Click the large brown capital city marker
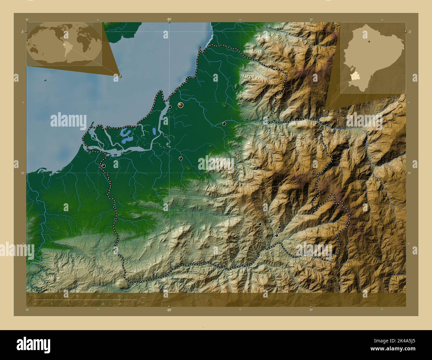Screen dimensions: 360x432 pyautogui.click(x=181, y=105)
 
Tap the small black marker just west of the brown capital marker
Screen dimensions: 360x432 pyautogui.click(x=170, y=107)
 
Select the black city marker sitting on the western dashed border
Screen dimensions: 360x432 pyautogui.click(x=104, y=166)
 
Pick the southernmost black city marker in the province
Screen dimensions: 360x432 pyautogui.click(x=276, y=235)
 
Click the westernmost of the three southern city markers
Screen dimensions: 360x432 pyautogui.click(x=260, y=224)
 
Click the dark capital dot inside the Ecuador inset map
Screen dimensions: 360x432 pyautogui.click(x=369, y=42)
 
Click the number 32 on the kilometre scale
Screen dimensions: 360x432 pyautogui.click(x=119, y=296)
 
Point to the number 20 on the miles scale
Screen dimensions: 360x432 pyautogui.click(x=120, y=304)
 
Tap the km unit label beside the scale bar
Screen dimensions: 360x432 pyautogui.click(x=143, y=297)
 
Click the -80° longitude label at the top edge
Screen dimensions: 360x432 pyautogui.click(x=169, y=20)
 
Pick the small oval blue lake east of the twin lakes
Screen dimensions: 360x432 pyautogui.click(x=155, y=131)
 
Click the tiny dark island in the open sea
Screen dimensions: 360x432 pyautogui.click(x=44, y=80)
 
